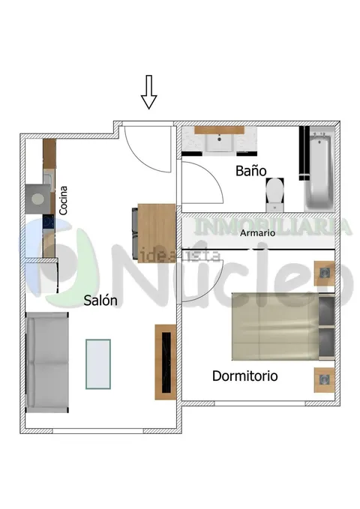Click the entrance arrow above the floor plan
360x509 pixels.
[148, 92]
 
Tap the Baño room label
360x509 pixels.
[250, 171]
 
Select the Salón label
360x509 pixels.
[100, 301]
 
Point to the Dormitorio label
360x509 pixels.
[245, 376]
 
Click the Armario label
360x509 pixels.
[258, 232]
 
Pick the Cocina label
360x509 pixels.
[63, 200]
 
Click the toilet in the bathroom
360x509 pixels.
[274, 195]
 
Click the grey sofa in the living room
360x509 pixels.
[47, 362]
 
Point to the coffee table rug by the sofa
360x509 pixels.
[98, 364]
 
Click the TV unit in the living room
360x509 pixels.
[166, 362]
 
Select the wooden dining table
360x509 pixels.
[157, 233]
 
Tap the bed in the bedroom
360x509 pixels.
[283, 326]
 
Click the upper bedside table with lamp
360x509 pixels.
[324, 274]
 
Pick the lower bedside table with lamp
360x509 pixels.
[324, 380]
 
